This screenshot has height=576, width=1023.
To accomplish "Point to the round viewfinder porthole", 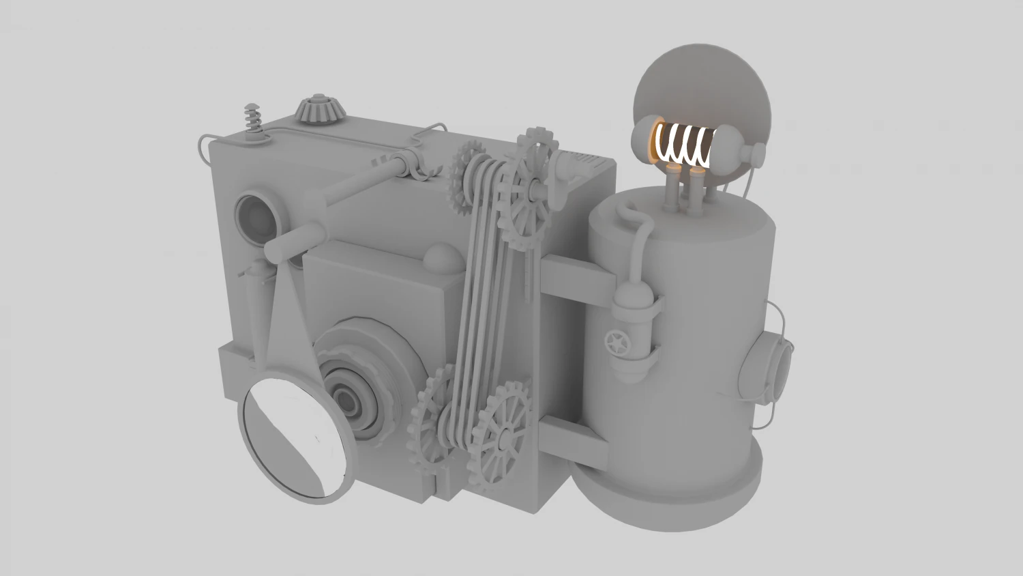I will [x=256, y=217].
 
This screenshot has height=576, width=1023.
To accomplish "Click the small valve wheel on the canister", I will [x=618, y=341].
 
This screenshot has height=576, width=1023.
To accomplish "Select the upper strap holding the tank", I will [x=580, y=280].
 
